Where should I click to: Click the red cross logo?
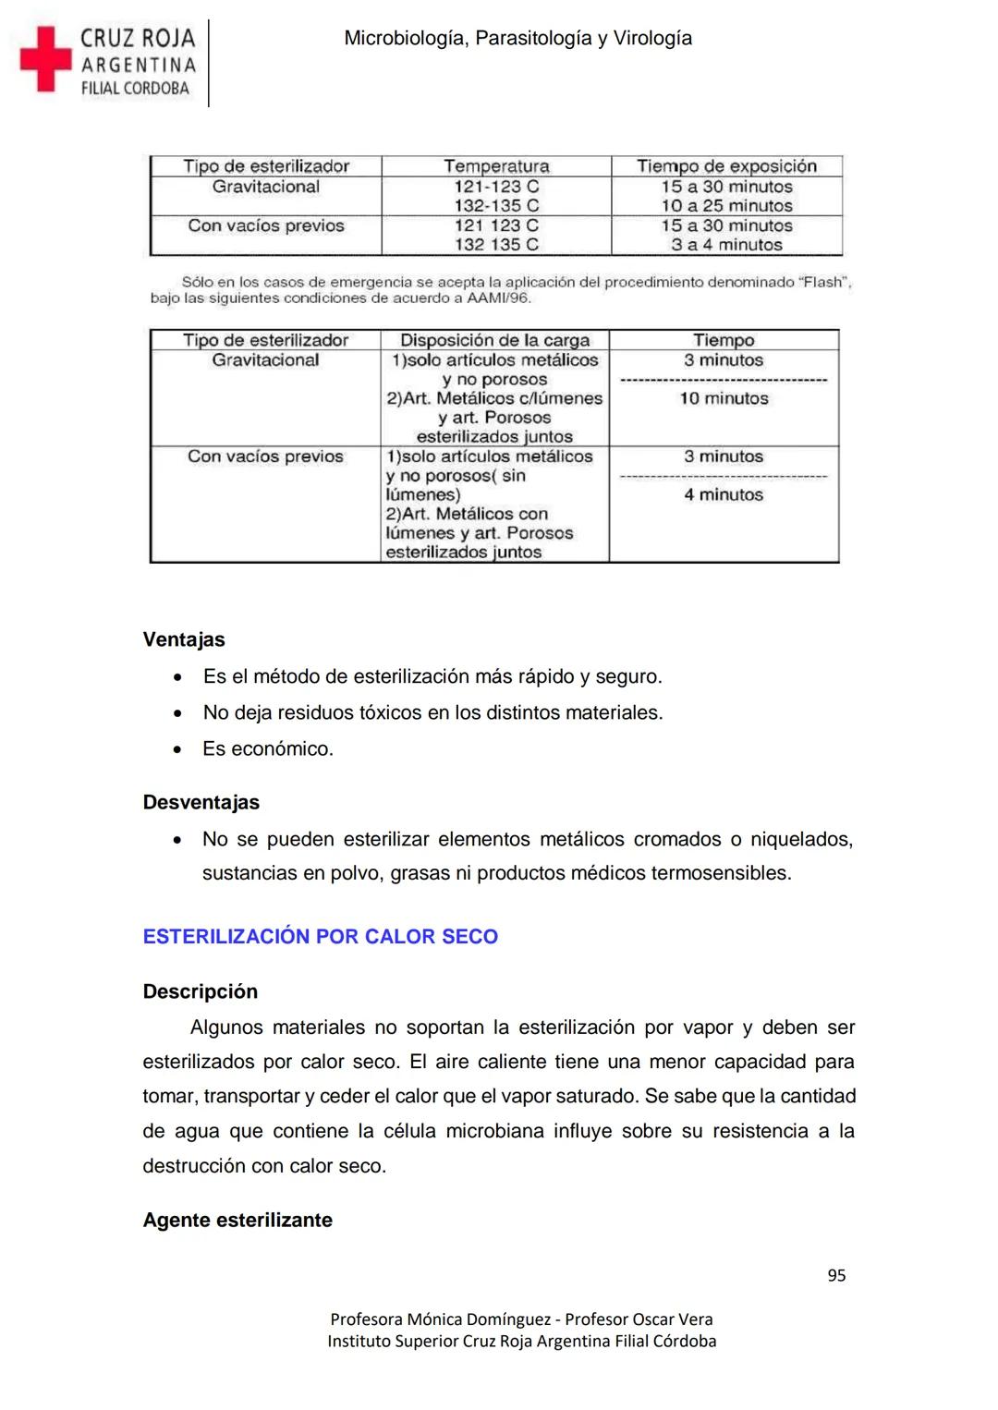pos(45,59)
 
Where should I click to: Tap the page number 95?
pos(836,1275)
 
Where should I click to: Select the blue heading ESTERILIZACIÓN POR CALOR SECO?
pos(320,936)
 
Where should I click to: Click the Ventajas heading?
pos(184,639)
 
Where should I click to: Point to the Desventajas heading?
pos(201,802)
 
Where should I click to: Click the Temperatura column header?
pos(496,166)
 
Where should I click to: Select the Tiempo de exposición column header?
pos(726,166)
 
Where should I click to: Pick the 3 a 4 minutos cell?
pos(726,245)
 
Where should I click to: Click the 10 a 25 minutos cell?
pos(726,206)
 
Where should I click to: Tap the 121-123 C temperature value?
pos(496,187)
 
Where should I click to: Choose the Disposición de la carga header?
pos(494,340)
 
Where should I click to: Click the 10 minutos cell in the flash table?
pos(724,398)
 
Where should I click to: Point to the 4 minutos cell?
pos(724,494)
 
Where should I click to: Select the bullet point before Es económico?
pos(177,749)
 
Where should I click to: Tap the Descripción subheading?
pos(200,991)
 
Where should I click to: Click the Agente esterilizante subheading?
pos(237,1220)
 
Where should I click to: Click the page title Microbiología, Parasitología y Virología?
pos(517,38)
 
